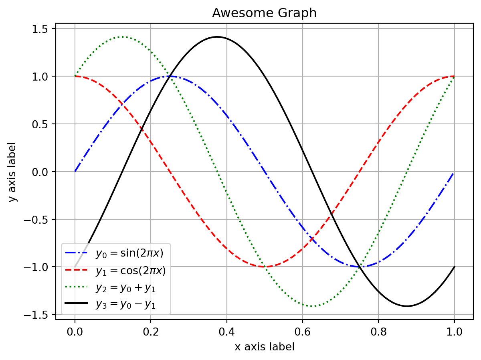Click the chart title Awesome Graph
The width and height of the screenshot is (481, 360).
pyautogui.click(x=264, y=13)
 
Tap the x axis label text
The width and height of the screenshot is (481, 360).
pyautogui.click(x=264, y=347)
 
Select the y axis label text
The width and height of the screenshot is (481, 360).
pyautogui.click(x=13, y=172)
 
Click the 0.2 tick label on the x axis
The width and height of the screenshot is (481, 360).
pyautogui.click(x=151, y=332)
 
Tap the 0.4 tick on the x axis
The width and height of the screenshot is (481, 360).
pyautogui.click(x=226, y=332)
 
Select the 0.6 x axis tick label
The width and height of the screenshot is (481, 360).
pyautogui.click(x=302, y=332)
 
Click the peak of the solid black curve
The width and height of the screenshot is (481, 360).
pyautogui.click(x=217, y=37)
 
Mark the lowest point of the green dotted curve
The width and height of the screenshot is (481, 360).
pyautogui.click(x=312, y=306)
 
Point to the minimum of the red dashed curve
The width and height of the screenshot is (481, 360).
pyautogui.click(x=264, y=267)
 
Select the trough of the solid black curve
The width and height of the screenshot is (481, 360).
pyautogui.click(x=407, y=306)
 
